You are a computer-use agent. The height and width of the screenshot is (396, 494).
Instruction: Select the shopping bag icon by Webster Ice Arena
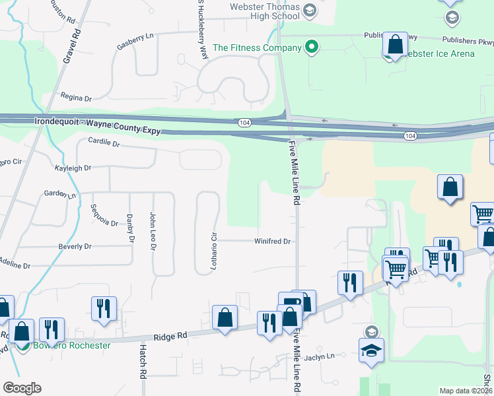click(395, 46)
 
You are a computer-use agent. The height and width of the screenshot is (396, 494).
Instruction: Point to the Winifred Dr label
click(272, 242)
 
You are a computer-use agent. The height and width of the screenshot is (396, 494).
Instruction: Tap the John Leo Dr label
click(153, 232)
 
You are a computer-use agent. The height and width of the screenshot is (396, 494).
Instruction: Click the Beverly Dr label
click(75, 246)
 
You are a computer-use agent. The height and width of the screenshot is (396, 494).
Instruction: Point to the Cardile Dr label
click(104, 143)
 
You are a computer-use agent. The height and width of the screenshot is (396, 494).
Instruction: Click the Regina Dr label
click(76, 98)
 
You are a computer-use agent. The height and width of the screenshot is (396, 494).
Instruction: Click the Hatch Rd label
click(142, 360)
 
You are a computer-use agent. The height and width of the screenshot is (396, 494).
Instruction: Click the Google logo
click(21, 388)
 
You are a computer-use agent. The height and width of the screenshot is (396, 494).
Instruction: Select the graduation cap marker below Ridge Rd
click(371, 350)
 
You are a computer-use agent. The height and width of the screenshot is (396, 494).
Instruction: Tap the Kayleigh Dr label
click(73, 168)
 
